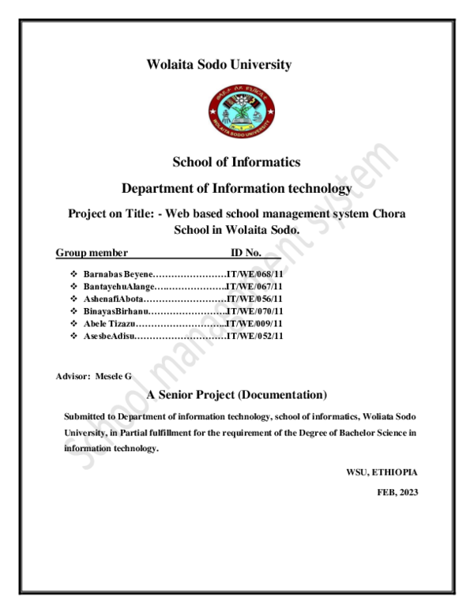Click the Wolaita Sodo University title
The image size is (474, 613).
click(x=219, y=65)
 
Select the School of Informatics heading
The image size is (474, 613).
click(x=236, y=162)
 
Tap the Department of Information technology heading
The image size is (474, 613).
click(x=236, y=189)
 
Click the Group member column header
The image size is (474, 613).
click(x=92, y=253)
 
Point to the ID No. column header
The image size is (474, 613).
click(x=246, y=253)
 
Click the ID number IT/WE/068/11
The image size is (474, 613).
click(x=254, y=273)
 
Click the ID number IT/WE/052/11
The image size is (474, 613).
click(x=254, y=337)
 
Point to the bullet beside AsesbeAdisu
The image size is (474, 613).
click(x=73, y=337)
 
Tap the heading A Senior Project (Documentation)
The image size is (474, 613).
click(x=236, y=394)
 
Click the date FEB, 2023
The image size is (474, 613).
click(x=397, y=492)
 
